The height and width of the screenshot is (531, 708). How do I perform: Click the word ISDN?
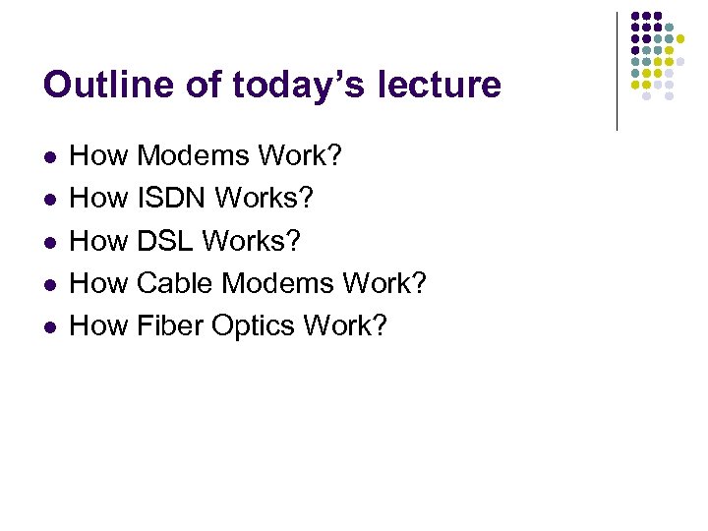click(172, 198)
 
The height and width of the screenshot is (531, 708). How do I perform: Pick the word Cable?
click(175, 283)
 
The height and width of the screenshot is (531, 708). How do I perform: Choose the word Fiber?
click(170, 325)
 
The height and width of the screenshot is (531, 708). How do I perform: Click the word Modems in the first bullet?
click(193, 155)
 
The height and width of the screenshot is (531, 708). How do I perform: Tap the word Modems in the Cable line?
click(277, 283)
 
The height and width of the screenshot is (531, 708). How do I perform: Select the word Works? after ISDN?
click(265, 198)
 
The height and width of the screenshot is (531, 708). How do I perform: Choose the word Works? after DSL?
click(256, 240)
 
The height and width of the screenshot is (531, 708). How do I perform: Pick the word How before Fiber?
click(99, 325)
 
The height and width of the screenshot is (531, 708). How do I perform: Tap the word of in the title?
click(199, 85)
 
